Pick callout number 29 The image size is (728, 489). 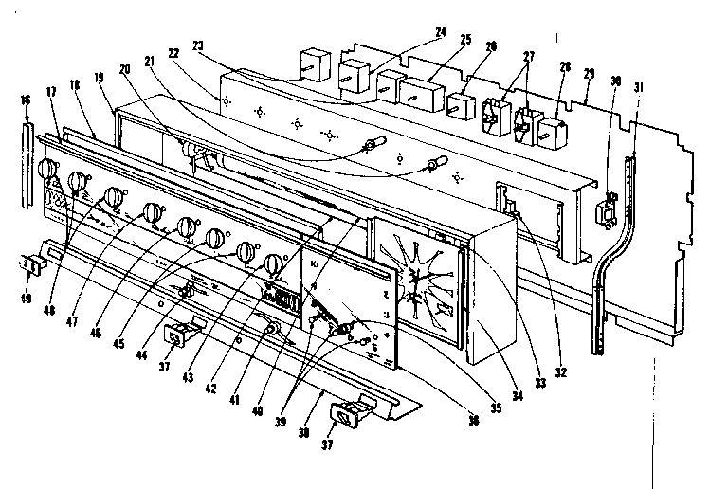589,73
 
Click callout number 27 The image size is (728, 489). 529,56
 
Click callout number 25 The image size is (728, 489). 464,41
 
